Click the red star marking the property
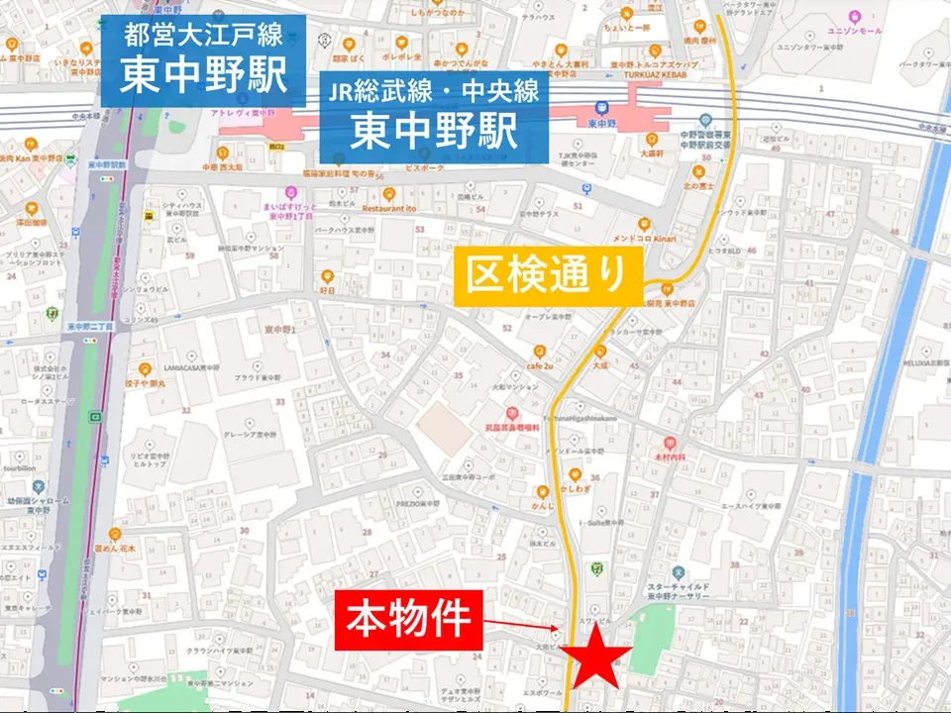click(596, 660)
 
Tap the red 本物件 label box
click(407, 621)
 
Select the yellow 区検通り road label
click(549, 276)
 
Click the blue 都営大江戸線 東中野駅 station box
click(203, 59)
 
